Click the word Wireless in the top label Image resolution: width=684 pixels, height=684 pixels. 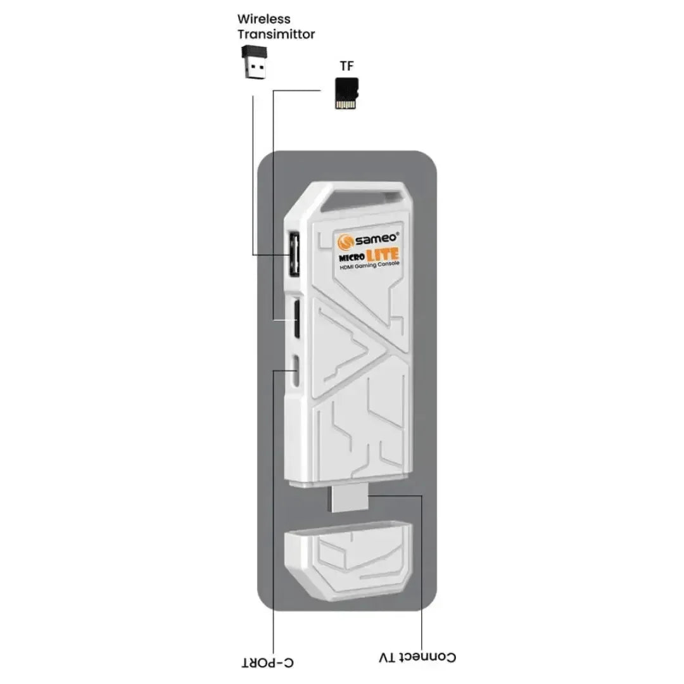[263, 20]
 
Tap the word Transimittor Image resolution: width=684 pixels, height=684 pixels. [275, 34]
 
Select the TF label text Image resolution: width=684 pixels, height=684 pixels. [346, 66]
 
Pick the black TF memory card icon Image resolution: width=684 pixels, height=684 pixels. [346, 93]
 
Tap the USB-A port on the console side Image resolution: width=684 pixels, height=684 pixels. [294, 254]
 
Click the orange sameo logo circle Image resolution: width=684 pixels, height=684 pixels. [345, 242]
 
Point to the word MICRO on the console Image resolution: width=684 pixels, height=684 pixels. [350, 258]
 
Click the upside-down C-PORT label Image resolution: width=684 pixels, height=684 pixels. [268, 663]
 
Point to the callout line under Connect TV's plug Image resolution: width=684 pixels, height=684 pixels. [421, 570]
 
